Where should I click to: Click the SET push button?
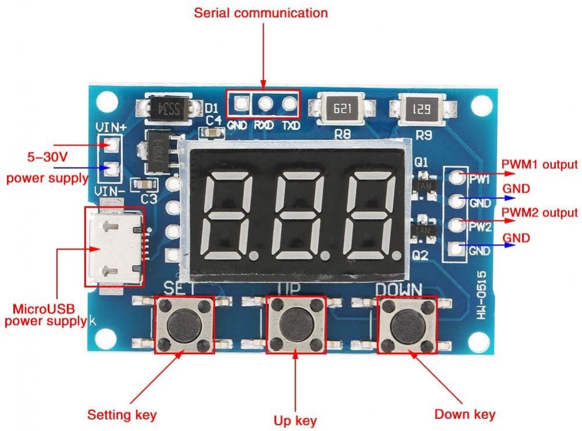184,324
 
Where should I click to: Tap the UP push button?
295,324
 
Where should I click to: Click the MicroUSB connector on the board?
115,246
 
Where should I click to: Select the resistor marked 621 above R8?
341,108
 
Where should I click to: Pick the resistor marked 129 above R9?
422,108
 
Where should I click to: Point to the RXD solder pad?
265,104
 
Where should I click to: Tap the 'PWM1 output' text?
540,165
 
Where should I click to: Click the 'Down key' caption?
465,414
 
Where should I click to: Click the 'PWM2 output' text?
540,213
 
